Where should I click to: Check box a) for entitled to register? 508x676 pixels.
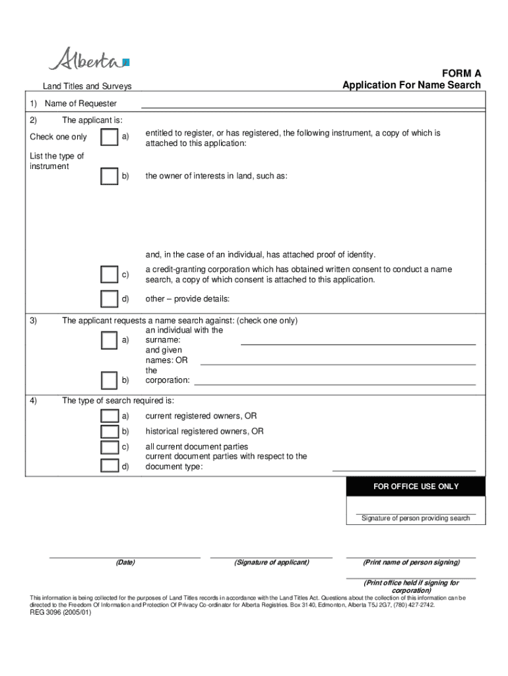click(110, 137)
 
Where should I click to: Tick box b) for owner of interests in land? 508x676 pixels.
click(110, 176)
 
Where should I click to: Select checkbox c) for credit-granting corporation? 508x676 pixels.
click(110, 275)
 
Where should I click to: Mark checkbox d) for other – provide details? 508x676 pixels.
click(110, 299)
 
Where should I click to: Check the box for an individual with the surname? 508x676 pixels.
click(110, 340)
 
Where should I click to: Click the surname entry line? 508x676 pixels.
click(358, 343)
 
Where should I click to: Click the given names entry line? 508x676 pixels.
click(338, 363)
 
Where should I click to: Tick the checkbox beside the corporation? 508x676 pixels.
click(110, 381)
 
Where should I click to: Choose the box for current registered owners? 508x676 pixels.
click(110, 416)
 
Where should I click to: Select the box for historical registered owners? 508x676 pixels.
click(110, 432)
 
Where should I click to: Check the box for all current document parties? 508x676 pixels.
click(110, 448)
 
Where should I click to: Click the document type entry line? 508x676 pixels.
click(404, 469)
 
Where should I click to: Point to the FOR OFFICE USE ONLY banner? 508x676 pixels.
click(416, 487)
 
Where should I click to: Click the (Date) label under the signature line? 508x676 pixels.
click(125, 562)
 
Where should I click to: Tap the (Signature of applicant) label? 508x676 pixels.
click(271, 562)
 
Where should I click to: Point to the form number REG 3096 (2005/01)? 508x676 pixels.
click(61, 613)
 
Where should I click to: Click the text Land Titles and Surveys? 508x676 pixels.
click(87, 86)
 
